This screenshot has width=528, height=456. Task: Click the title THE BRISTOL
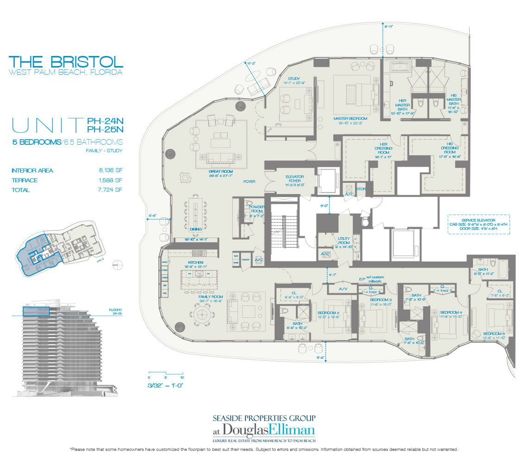[66, 61]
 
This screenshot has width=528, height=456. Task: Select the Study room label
[294, 79]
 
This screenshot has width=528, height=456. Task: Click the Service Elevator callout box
[478, 224]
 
